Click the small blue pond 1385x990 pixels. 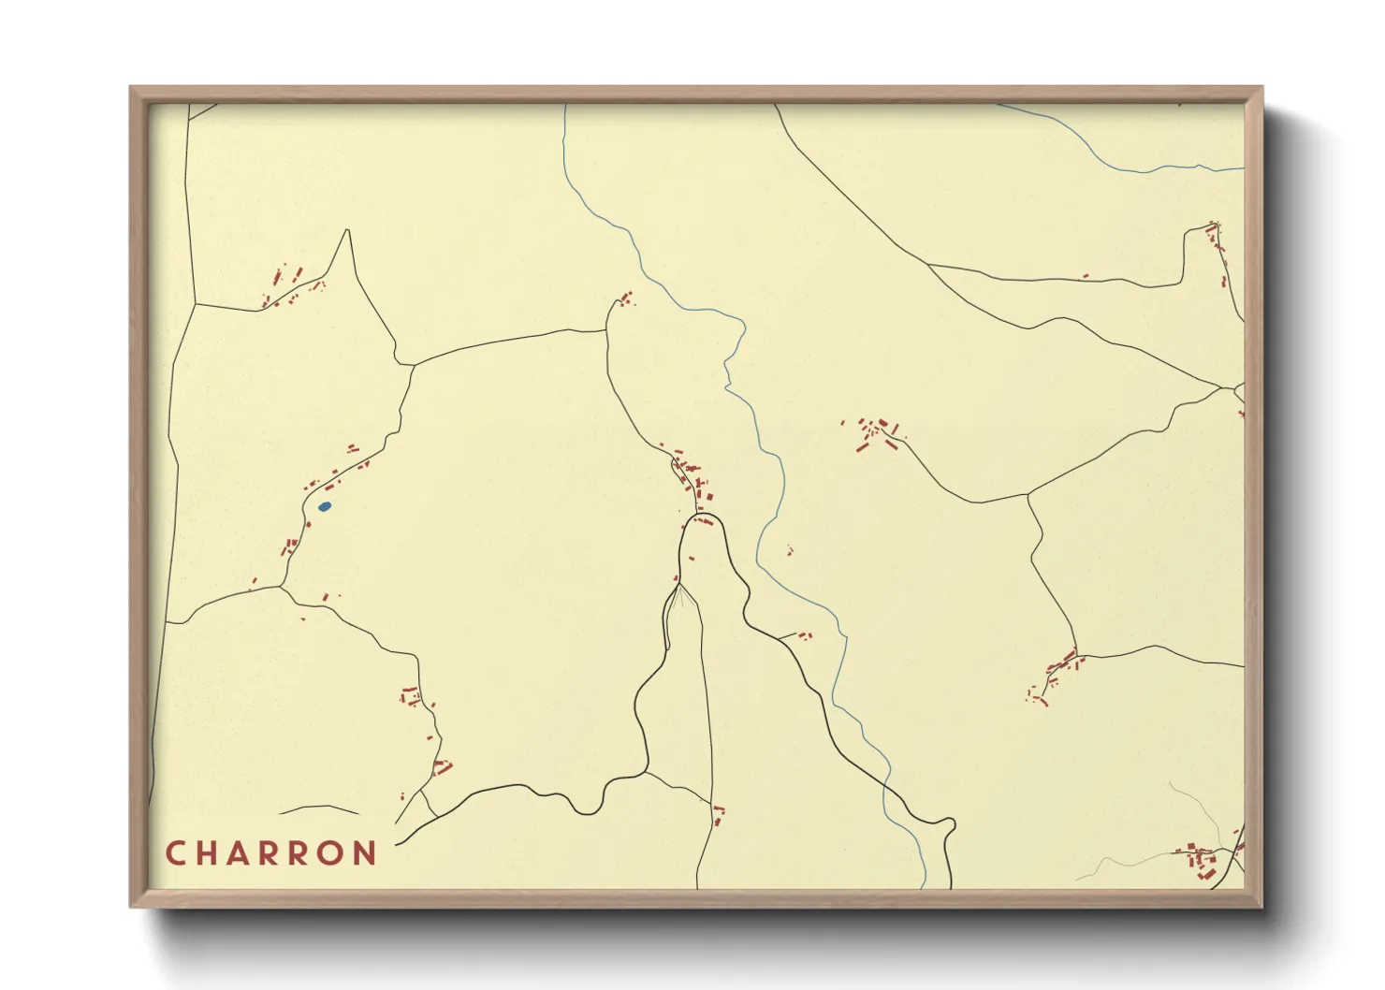[325, 506]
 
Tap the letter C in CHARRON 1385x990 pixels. [175, 853]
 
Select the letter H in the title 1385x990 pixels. [209, 853]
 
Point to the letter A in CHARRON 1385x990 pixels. [241, 853]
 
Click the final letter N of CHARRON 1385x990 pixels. [365, 853]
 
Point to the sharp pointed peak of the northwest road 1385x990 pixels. [348, 230]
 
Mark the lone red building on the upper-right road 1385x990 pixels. [1086, 276]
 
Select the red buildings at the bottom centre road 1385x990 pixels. [719, 813]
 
